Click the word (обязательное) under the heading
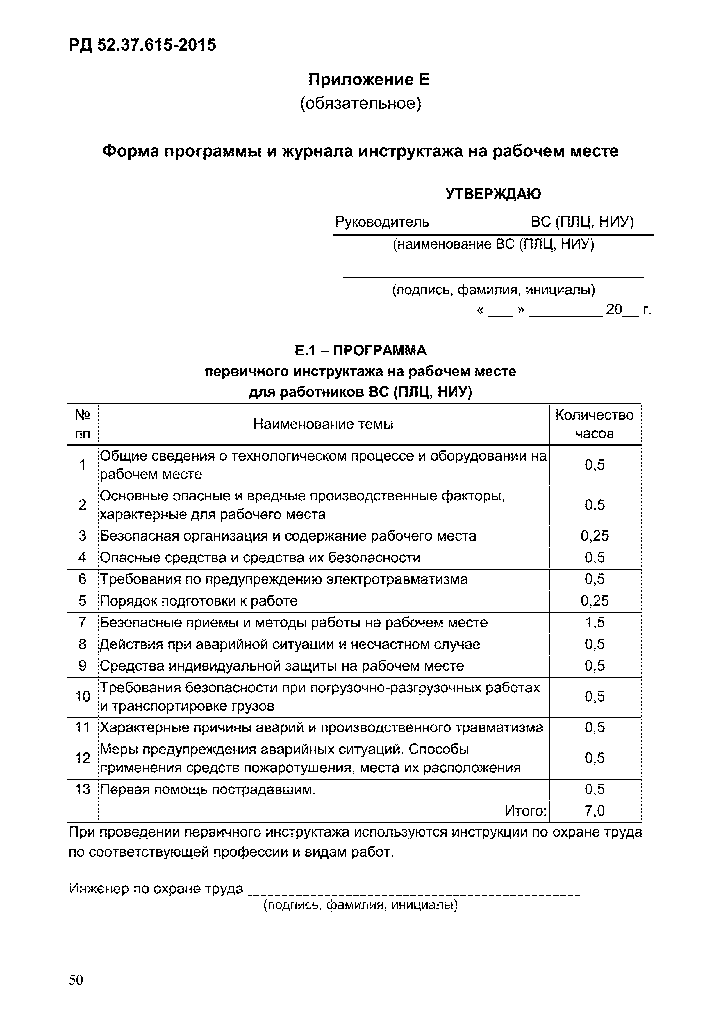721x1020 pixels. click(360, 104)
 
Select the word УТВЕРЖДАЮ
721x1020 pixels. click(493, 194)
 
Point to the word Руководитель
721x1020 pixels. click(382, 221)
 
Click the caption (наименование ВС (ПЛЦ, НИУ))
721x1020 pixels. click(493, 244)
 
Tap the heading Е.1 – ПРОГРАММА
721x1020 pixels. click(360, 350)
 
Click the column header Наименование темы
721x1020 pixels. click(323, 424)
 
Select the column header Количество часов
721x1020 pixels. click(595, 424)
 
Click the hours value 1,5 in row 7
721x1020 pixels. click(595, 623)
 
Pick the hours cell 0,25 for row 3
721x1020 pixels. click(595, 536)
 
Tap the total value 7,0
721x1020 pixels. click(595, 811)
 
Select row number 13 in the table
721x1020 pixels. click(83, 789)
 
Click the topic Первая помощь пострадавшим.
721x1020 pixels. click(208, 789)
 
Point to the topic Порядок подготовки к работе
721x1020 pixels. click(199, 601)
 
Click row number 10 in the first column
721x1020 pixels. click(83, 696)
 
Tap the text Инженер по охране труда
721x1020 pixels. click(156, 888)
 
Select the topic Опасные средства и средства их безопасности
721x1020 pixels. click(260, 557)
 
